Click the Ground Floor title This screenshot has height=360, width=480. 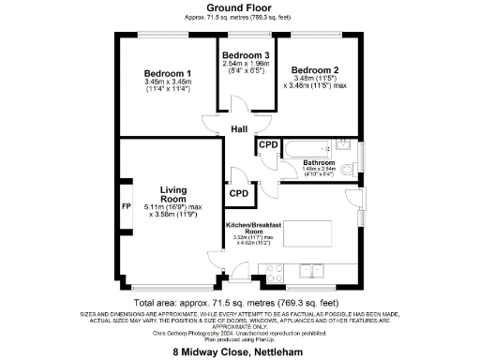240,7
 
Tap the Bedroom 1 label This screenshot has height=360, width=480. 168,73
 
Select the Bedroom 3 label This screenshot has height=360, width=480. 246,55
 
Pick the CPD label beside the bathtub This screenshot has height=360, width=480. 267,145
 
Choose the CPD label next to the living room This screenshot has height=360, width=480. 238,194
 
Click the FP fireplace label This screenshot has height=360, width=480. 126,206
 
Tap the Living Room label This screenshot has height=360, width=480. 173,193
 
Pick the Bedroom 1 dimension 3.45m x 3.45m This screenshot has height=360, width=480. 168,82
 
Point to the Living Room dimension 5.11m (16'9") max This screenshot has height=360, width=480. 175,206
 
